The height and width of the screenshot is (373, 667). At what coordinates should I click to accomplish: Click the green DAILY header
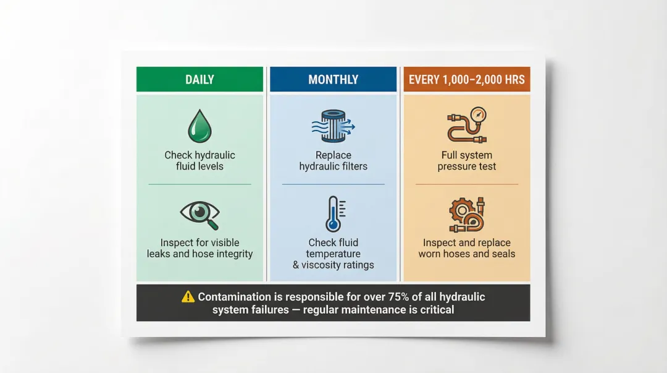(x=199, y=79)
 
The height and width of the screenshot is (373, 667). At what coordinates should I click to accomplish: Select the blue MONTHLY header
(x=333, y=79)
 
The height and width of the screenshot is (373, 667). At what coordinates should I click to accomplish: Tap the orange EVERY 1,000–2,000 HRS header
(x=466, y=79)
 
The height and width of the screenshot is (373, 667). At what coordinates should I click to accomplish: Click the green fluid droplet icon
(x=199, y=127)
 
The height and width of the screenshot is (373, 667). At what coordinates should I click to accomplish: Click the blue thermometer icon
(x=335, y=214)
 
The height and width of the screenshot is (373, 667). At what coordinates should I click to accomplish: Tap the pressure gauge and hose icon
(x=466, y=126)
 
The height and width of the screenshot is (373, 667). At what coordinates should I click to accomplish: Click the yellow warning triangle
(x=188, y=297)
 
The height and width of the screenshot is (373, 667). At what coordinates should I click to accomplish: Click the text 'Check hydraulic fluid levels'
(x=199, y=161)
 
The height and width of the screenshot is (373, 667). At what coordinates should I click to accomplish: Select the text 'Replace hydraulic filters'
(x=333, y=161)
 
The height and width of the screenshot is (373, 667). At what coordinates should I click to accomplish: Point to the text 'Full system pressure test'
(x=467, y=161)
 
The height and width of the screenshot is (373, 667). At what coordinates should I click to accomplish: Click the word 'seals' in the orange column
(x=503, y=254)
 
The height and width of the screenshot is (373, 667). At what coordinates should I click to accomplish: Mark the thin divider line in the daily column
(x=199, y=184)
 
